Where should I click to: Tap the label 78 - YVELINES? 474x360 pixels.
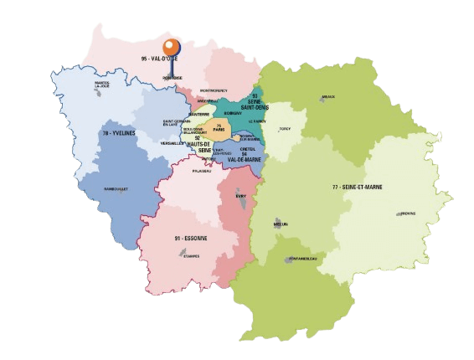[x=118, y=133]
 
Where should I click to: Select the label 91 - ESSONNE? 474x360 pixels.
[x=191, y=239]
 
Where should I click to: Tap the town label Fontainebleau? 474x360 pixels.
[x=301, y=259]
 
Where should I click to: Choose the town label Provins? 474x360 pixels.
[x=408, y=213]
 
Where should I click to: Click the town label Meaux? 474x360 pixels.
[x=327, y=97]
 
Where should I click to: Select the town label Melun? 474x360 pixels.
[x=280, y=224]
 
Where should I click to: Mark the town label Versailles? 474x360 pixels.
[x=173, y=143]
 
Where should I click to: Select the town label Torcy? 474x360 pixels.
[x=285, y=129]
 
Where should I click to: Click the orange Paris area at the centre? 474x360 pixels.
[x=219, y=130]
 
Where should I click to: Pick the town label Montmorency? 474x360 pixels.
[x=214, y=90]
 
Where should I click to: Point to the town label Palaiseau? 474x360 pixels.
[x=202, y=171]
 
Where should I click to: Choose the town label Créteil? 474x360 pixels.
[x=245, y=149]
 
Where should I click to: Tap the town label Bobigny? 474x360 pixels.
[x=233, y=111]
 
